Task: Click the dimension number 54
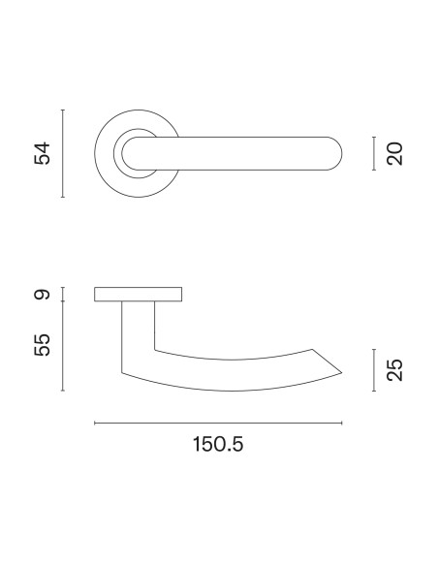(x=43, y=153)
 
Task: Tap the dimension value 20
(x=394, y=154)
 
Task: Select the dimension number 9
(x=43, y=295)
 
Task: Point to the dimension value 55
(x=43, y=345)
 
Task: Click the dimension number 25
(x=394, y=370)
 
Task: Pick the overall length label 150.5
(x=218, y=444)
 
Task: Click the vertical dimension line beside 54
(x=63, y=153)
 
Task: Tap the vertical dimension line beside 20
(x=374, y=153)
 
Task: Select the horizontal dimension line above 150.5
(x=218, y=424)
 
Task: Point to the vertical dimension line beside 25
(x=374, y=370)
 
